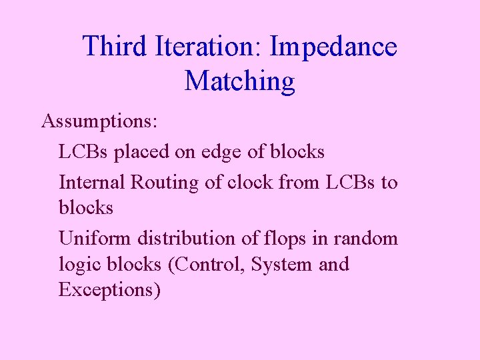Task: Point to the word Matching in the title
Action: point(239,81)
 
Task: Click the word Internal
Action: point(92,181)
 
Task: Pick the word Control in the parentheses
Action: point(209,264)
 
